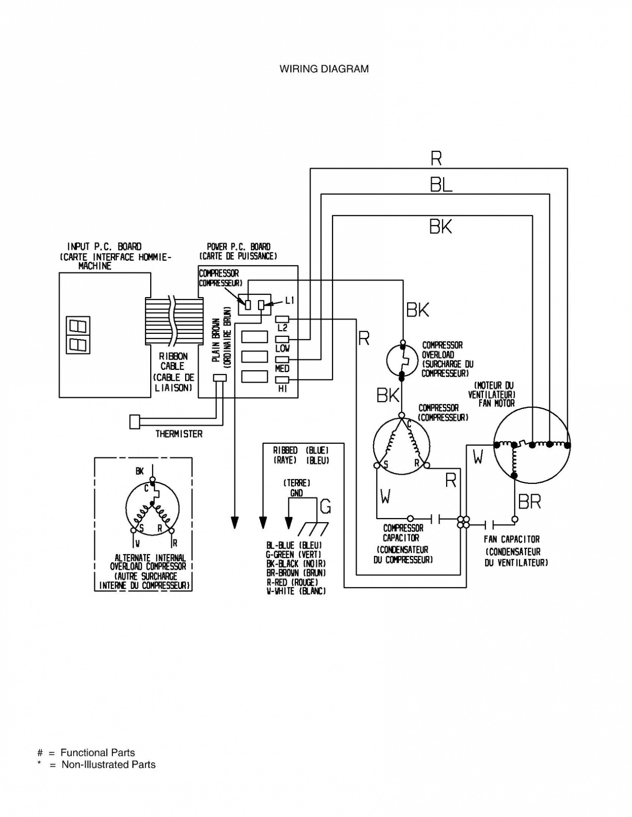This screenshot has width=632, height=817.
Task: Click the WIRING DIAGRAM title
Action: [x=324, y=69]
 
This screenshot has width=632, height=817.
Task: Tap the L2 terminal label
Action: [x=283, y=327]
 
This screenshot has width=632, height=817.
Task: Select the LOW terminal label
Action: [x=282, y=348]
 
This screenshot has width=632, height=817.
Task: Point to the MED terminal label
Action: [x=282, y=368]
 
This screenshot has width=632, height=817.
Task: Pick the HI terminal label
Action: [x=283, y=388]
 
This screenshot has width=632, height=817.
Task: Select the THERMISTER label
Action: [x=179, y=434]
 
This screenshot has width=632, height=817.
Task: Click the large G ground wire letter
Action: [x=325, y=506]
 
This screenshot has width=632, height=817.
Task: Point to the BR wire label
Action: [x=530, y=502]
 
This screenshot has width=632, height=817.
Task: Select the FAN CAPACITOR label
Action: [x=512, y=539]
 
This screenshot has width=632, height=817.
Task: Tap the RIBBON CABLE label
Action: [x=173, y=361]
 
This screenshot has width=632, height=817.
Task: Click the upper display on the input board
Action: [x=78, y=326]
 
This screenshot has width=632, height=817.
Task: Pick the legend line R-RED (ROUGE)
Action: [x=292, y=582]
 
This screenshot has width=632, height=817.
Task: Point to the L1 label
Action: [x=290, y=301]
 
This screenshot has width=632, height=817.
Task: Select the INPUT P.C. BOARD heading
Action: [x=104, y=247]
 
